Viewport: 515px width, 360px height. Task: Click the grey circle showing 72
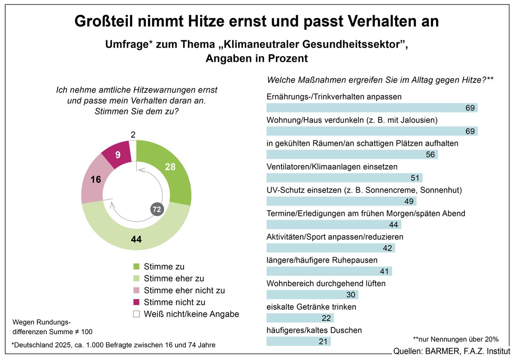157,210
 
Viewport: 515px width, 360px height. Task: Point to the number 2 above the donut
133,135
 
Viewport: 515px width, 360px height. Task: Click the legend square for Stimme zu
136,267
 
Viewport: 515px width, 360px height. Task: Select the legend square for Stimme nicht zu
136,302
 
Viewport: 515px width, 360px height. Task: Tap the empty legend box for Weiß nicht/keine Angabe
136,314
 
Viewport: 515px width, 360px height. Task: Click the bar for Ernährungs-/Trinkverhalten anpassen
372,108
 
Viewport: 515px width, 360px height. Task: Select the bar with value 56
352,154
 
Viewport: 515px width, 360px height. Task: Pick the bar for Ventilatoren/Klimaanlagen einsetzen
344,178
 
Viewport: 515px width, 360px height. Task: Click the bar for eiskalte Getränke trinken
300,318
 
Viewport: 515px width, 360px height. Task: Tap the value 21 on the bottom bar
323,342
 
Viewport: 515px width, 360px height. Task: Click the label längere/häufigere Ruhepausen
322,260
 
